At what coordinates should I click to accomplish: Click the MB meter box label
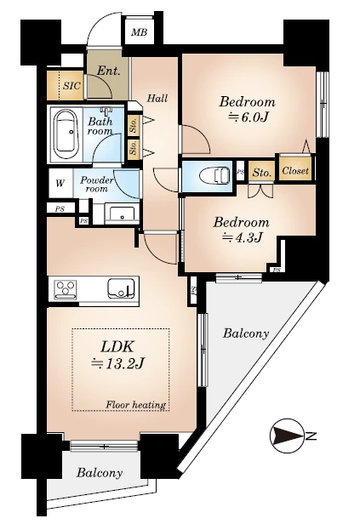point(139,32)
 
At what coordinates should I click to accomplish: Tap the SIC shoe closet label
point(71,86)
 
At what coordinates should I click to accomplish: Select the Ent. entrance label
point(108,71)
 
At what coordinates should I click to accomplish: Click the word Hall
point(157,99)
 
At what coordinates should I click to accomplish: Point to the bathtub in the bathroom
point(66,134)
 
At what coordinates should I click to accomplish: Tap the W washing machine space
point(60,183)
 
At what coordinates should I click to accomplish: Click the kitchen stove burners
point(66,289)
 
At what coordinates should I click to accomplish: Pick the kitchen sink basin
point(121,288)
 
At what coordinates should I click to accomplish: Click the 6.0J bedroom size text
point(248,117)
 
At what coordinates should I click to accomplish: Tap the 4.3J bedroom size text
point(243,237)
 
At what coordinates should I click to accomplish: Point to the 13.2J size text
point(117,363)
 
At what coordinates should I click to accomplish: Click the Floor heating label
point(135,405)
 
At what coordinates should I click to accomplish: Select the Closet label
point(295,171)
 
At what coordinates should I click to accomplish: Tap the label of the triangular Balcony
point(246,333)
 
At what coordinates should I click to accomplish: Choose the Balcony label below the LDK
point(100,473)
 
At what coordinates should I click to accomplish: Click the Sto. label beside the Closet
point(262,173)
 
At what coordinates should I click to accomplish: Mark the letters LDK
point(117,347)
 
